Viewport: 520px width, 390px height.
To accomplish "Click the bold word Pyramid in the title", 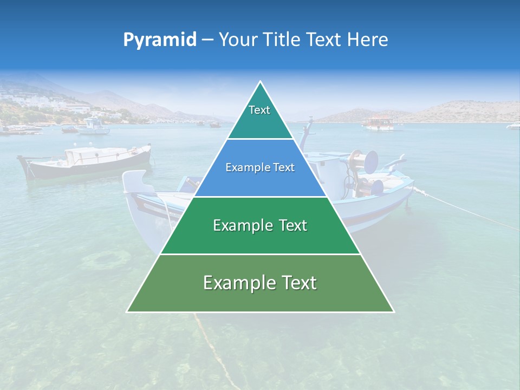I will point(159,40).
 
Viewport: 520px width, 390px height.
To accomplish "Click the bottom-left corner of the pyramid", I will point(128,311).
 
